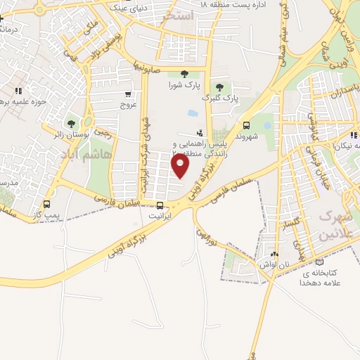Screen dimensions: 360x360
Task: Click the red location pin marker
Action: click(181, 165)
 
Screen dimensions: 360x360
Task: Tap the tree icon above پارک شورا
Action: click(184, 74)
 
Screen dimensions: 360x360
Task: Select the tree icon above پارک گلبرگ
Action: click(219, 86)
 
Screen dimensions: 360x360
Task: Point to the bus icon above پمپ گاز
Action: click(47, 205)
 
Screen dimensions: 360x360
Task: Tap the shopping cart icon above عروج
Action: click(127, 94)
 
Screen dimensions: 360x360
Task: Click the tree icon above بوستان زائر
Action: click(71, 124)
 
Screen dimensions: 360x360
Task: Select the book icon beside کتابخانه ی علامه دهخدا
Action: click(320, 262)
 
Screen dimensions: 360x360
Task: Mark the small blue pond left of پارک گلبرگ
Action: click(193, 112)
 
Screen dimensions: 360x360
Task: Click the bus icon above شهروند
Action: click(246, 122)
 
